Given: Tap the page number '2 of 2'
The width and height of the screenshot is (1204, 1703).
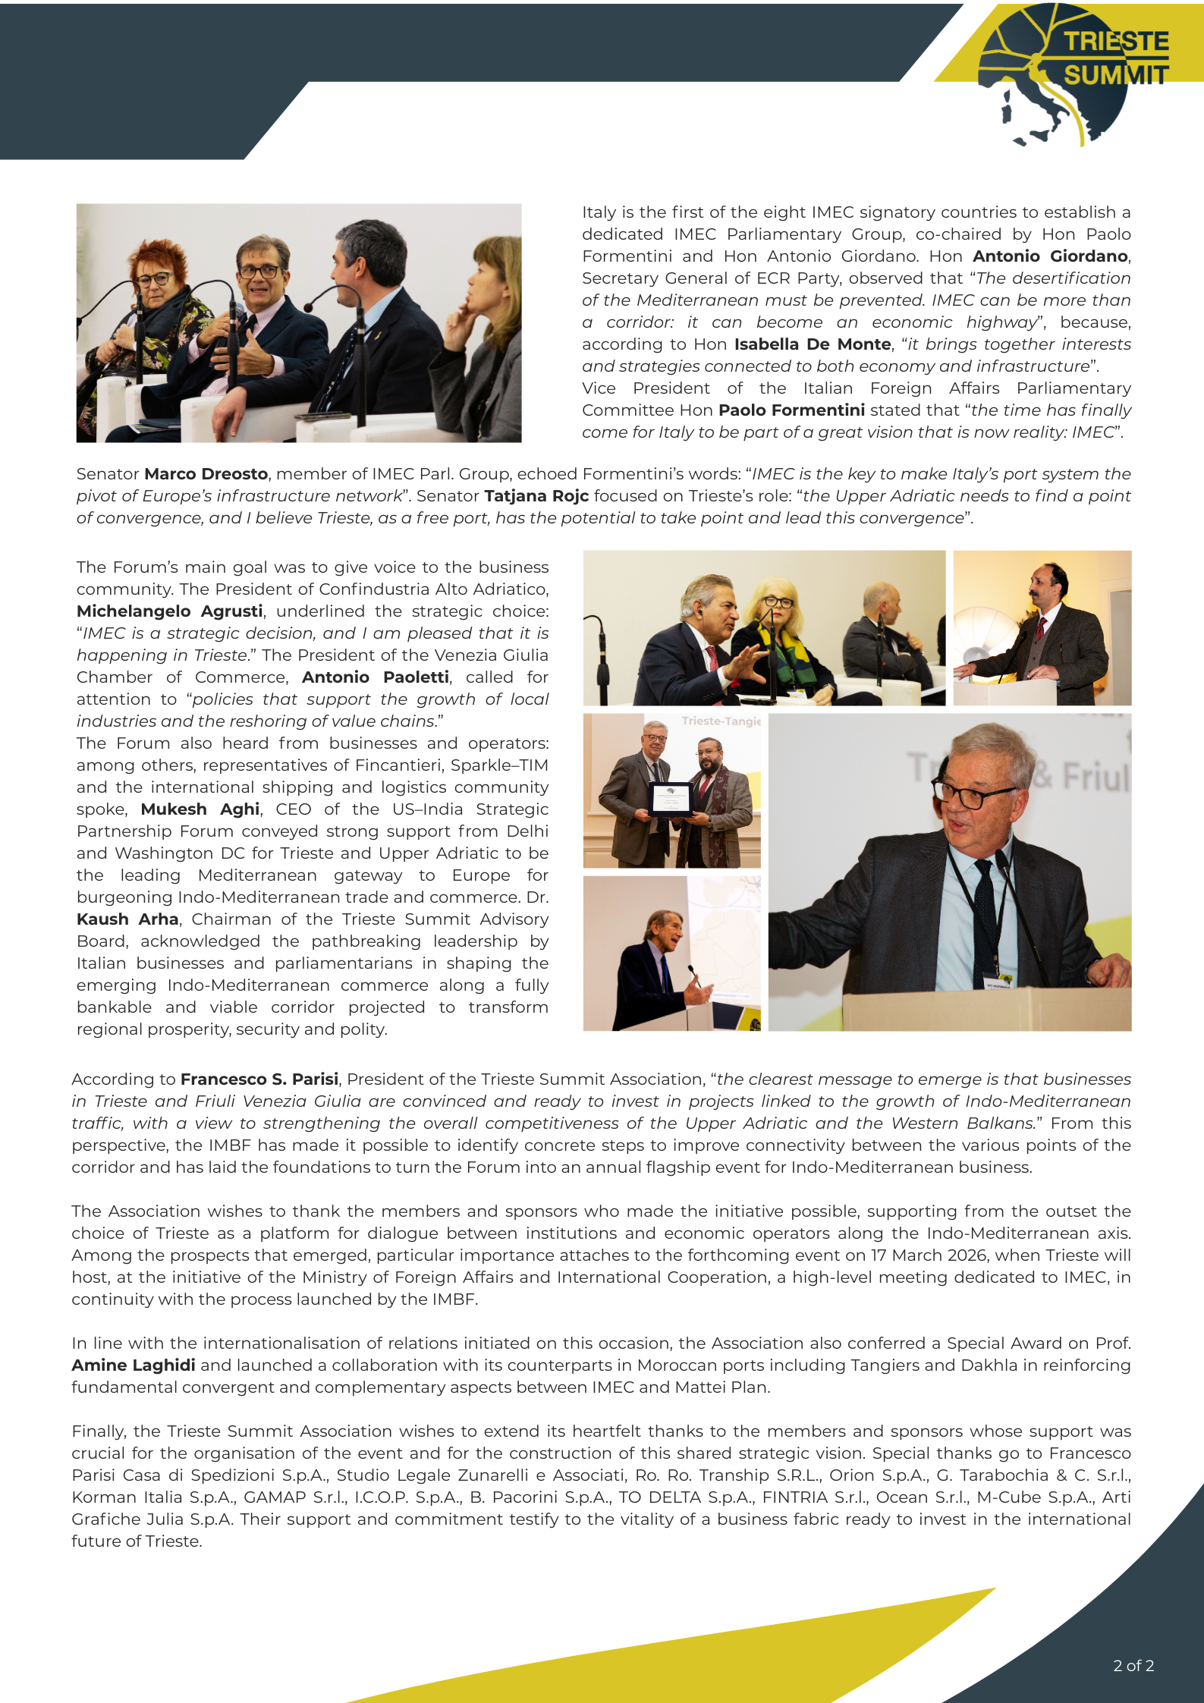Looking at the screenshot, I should click(x=1133, y=1665).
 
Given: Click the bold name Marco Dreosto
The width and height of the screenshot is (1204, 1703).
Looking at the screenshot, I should click(x=206, y=474).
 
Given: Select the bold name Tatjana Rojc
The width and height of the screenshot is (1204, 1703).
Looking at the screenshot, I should click(x=536, y=496).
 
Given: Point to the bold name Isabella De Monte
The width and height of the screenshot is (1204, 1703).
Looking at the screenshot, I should click(x=812, y=344).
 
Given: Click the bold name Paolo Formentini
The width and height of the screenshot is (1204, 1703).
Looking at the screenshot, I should click(x=791, y=410).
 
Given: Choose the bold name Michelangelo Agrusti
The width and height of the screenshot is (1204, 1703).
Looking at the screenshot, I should click(x=169, y=611).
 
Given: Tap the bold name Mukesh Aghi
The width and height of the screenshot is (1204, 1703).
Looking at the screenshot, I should click(x=200, y=809).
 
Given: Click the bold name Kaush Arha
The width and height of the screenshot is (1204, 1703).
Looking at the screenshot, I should click(x=127, y=919).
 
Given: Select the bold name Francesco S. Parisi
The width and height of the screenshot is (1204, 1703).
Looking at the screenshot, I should click(x=259, y=1079).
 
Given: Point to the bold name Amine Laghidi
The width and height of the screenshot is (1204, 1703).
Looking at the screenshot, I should click(x=134, y=1365).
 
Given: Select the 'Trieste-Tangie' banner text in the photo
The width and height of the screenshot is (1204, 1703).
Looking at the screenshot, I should click(x=721, y=721).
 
